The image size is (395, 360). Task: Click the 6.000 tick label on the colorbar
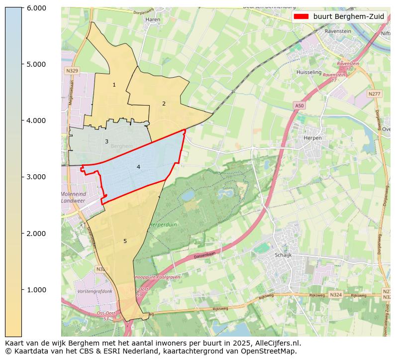point(36,8)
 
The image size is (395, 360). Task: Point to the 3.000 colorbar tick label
point(36,177)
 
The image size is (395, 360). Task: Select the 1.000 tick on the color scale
point(36,290)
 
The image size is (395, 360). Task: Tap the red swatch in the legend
point(301,16)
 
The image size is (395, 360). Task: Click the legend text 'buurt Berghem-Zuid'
point(348,16)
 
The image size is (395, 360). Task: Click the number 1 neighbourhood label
point(114,85)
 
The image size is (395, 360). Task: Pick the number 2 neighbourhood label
point(164,104)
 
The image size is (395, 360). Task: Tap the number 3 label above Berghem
point(106,142)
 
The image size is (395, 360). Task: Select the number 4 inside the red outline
point(138,167)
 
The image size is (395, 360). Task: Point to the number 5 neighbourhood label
point(125,241)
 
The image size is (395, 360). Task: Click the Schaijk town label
point(283,255)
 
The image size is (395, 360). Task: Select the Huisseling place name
point(309,72)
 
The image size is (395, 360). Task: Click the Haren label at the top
point(152,19)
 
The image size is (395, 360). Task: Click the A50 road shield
point(299,106)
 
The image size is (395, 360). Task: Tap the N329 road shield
point(72,71)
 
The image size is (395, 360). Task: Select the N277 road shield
point(374,94)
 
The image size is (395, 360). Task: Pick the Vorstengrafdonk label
point(95,291)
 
